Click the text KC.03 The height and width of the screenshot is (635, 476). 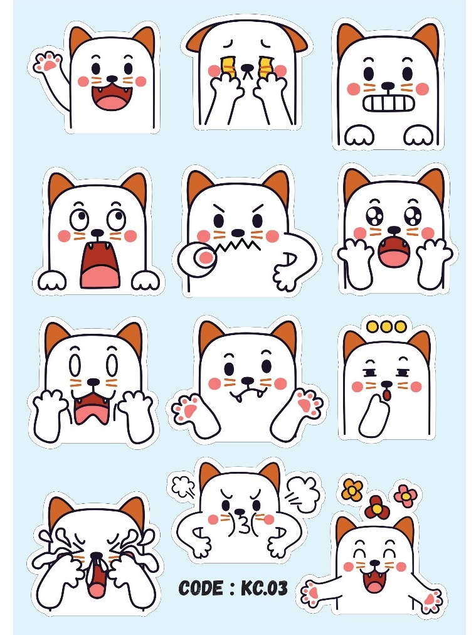(x=264, y=588)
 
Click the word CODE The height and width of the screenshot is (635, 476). (x=200, y=588)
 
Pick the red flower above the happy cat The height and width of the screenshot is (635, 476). (x=377, y=508)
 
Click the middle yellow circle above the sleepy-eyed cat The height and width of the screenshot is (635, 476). (x=386, y=326)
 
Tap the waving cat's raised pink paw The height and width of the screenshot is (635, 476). (x=48, y=62)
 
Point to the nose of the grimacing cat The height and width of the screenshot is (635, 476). (x=388, y=85)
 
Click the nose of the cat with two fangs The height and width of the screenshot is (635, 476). (x=247, y=380)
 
